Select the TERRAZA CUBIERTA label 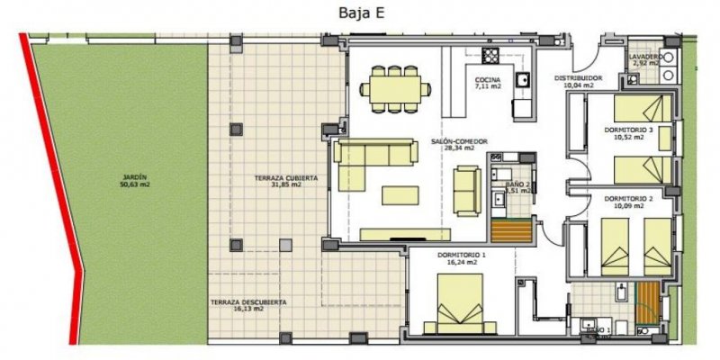click(285, 179)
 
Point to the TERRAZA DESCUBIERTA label click(248, 302)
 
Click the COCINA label click(489, 82)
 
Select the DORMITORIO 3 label click(628, 130)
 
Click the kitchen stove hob click(490, 57)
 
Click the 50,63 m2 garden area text click(135, 185)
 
